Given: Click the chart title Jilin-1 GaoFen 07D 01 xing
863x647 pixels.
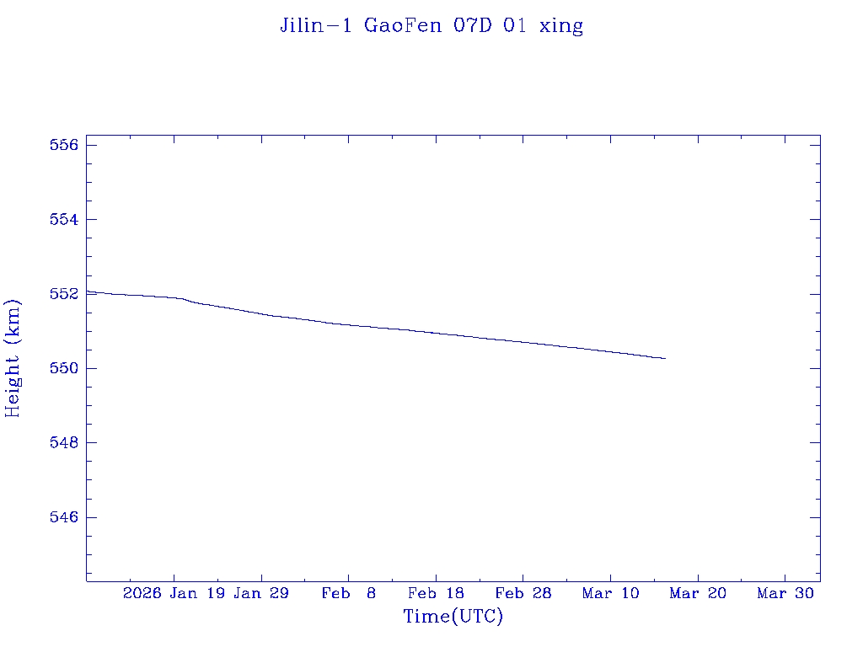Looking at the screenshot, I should (431, 26).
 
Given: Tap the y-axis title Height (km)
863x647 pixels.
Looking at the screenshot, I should (13, 358).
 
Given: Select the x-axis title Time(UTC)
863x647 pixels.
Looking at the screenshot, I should (453, 617).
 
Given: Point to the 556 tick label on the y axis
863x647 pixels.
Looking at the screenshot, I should (64, 145).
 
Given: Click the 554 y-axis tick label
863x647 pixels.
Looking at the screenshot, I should (64, 219).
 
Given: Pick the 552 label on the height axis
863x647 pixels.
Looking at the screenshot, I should (64, 294).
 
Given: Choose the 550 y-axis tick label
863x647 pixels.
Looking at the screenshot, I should (64, 368).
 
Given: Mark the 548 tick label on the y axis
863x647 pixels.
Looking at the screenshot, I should (64, 442).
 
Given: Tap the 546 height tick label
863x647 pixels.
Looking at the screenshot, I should (64, 516).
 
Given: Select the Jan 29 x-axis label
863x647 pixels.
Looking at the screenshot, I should (261, 594).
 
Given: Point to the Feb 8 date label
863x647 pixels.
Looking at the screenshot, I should (349, 594).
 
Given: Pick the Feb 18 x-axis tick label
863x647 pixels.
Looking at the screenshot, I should (436, 594).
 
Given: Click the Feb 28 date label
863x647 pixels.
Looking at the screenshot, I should (523, 594).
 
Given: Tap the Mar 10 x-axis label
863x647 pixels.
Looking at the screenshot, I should (610, 594).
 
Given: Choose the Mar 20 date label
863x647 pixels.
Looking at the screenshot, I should (698, 594).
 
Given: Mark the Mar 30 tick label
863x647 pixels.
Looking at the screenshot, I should (785, 594).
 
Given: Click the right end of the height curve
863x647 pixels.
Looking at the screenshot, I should (665, 358).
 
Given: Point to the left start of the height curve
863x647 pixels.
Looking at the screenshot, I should (88, 291).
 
